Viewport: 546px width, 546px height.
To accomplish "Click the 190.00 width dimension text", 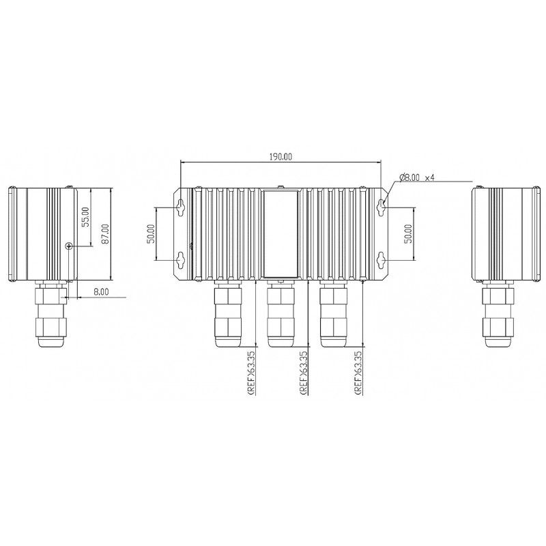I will click(x=281, y=156).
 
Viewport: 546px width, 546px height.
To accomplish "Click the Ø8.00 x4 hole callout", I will click(x=416, y=177).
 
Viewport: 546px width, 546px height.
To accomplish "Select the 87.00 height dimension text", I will click(x=104, y=233).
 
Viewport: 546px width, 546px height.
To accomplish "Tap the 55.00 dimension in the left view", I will click(x=85, y=217).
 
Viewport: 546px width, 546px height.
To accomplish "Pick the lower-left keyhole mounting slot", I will click(x=182, y=259).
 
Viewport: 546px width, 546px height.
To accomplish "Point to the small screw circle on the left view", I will click(x=68, y=246).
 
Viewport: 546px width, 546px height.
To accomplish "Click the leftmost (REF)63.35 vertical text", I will click(x=252, y=371).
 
